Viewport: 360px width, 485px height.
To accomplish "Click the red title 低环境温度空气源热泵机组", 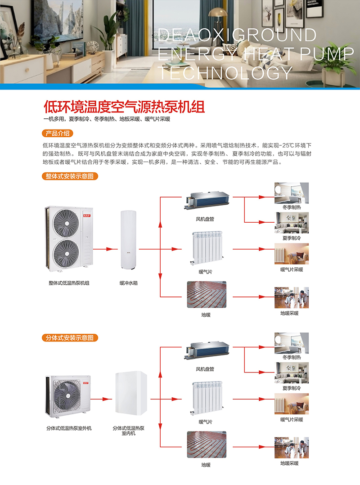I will pos(124,107).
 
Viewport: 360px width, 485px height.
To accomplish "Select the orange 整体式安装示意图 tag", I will pos(70,176).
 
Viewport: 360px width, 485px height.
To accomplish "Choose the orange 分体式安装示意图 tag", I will pos(70,337).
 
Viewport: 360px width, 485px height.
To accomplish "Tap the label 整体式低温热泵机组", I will pos(69,283).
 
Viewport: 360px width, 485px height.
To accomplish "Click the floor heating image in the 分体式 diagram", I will pos(207,444).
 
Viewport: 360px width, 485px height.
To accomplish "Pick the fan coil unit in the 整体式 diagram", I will pos(207,201).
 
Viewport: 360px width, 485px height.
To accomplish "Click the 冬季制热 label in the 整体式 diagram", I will pos(292,207).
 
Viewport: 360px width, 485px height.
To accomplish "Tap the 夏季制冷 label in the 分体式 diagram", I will pos(292,388).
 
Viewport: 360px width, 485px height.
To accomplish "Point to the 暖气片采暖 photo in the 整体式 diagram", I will pos(292,254).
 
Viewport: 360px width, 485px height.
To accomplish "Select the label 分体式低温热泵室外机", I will pos(69,428).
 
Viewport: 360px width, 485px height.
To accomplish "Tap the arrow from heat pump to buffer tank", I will pos(103,248).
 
